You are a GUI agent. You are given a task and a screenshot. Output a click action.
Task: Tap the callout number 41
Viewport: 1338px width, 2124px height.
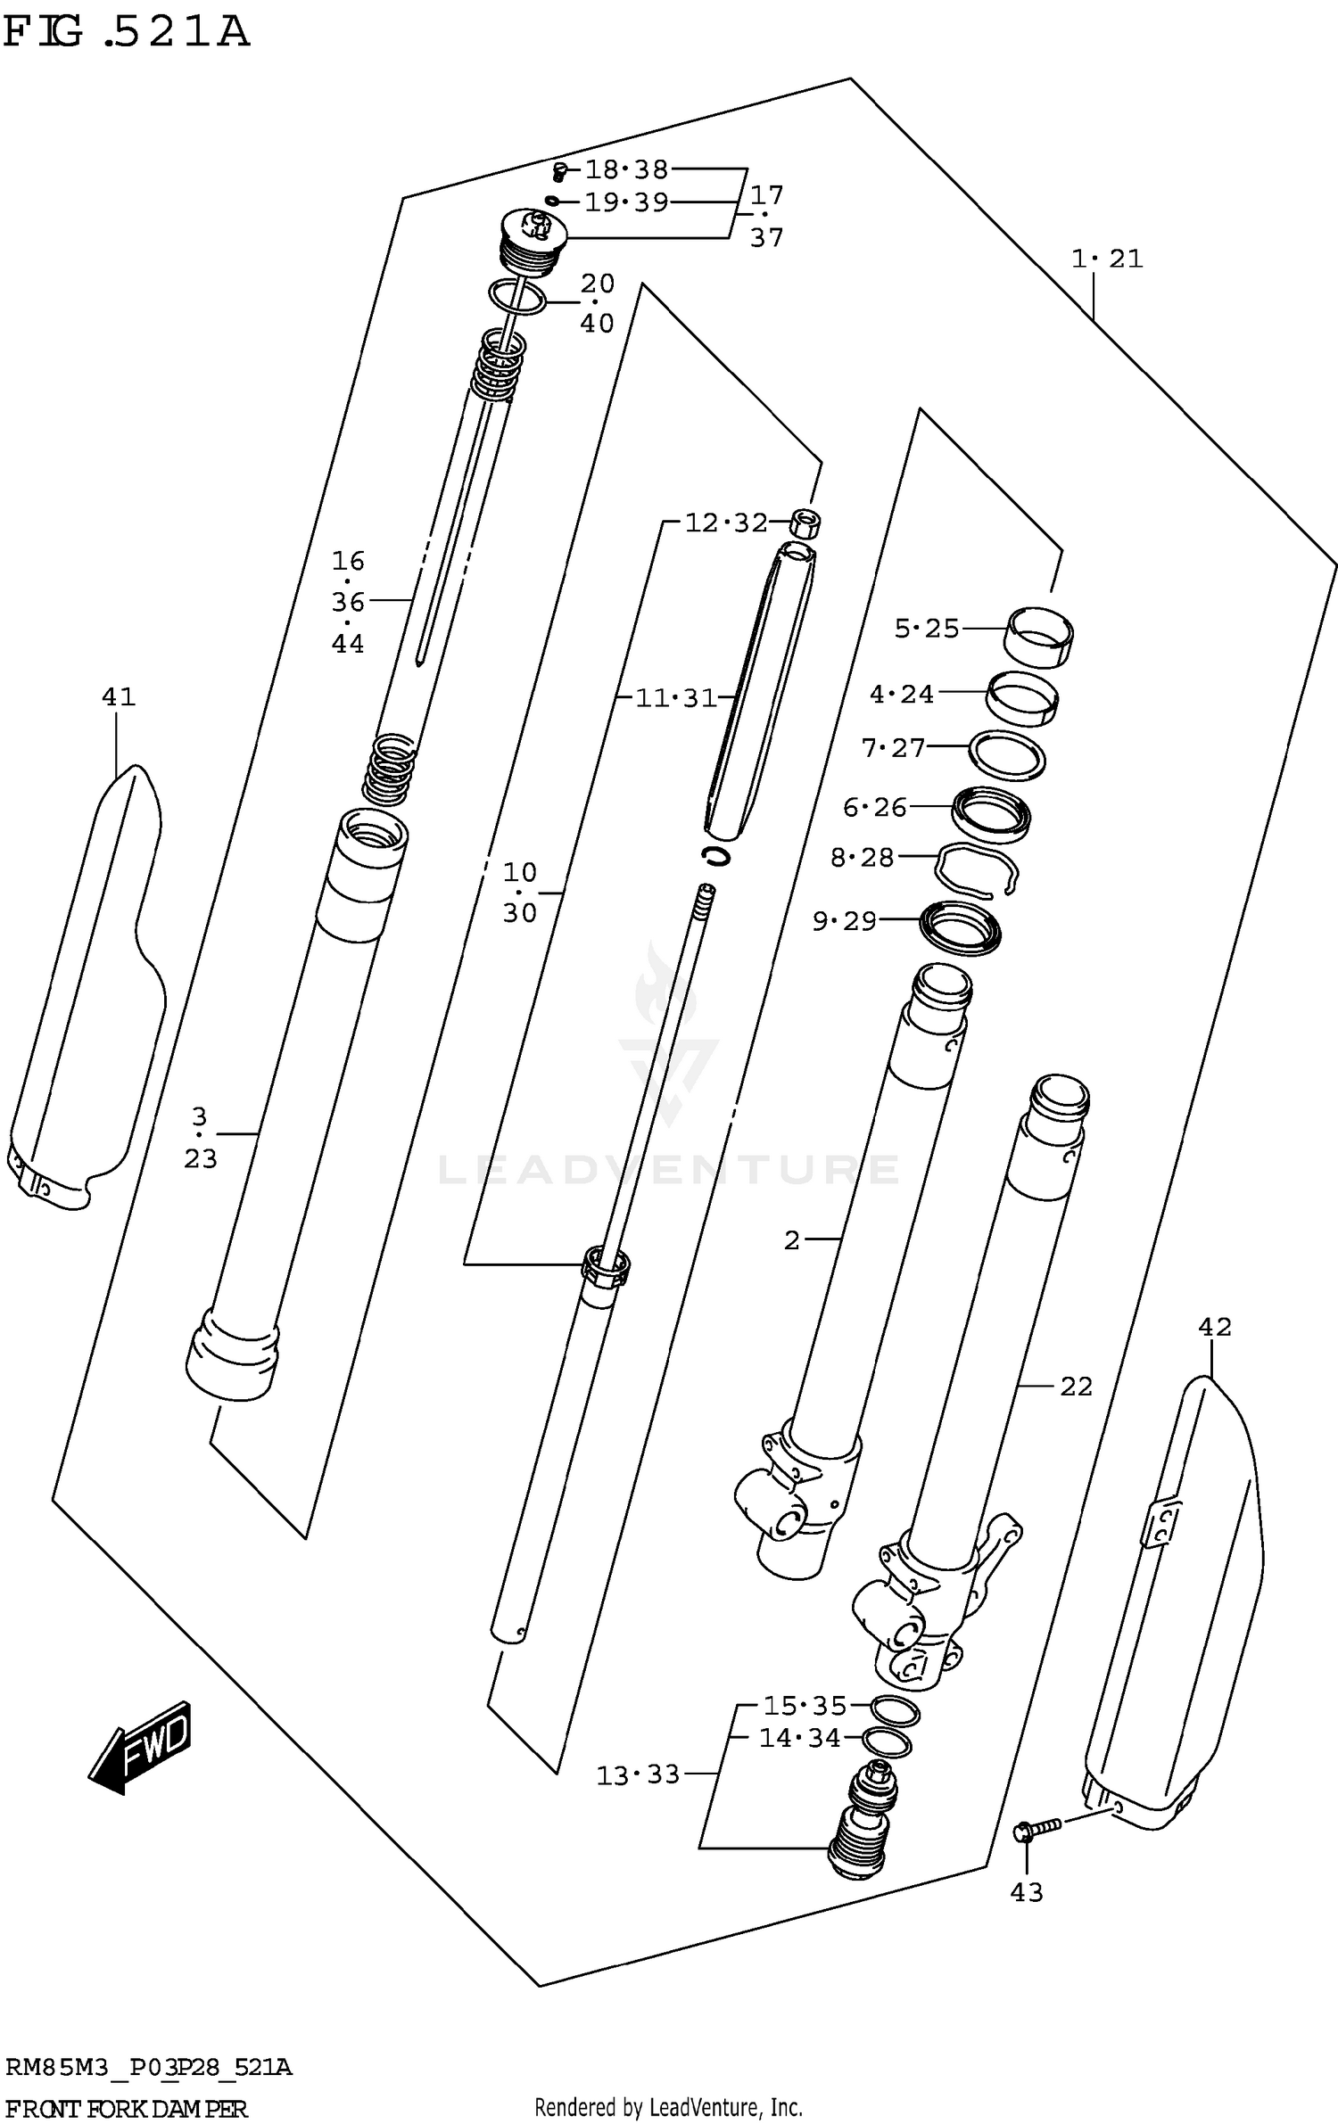point(118,696)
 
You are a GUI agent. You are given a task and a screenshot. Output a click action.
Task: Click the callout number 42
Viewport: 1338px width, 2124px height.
point(1214,1327)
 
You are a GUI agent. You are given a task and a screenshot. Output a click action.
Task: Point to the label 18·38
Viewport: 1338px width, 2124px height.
point(626,169)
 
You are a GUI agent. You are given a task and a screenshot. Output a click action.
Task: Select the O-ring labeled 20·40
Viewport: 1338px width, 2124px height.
point(517,296)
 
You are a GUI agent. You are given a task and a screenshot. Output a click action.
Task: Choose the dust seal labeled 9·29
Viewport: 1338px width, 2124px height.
point(960,929)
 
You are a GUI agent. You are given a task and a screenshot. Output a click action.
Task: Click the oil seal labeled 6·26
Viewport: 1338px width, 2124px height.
point(990,814)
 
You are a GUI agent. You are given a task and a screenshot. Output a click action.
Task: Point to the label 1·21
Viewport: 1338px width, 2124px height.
point(1106,259)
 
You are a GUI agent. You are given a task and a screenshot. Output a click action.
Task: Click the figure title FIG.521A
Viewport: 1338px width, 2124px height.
point(125,31)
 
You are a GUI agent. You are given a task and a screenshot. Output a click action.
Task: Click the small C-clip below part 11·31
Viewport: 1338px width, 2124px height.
point(715,856)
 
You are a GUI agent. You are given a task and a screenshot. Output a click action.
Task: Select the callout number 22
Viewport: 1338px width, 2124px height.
point(1076,1387)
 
